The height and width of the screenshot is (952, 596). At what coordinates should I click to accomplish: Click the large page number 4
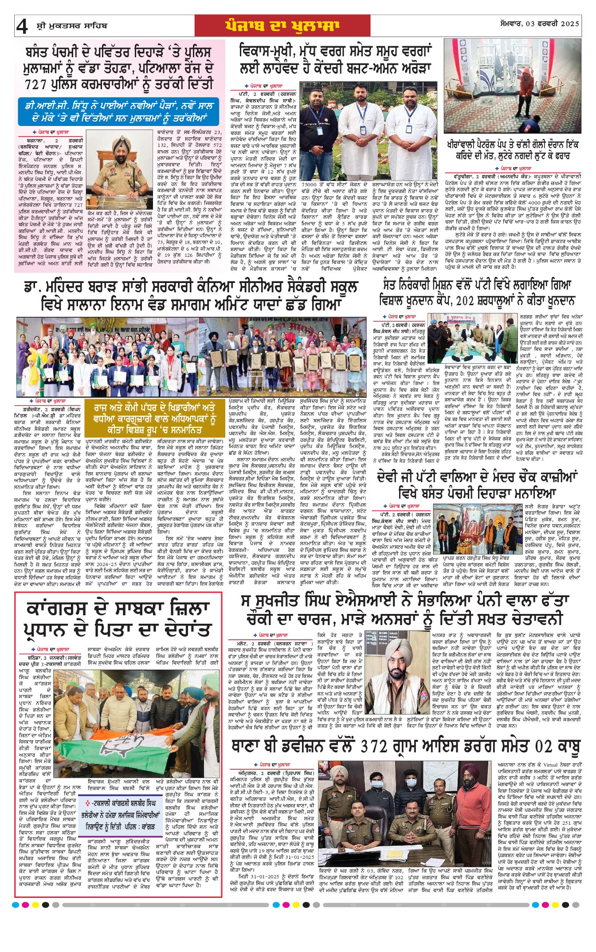pos(22,27)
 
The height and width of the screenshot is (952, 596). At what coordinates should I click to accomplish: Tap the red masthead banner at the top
pos(282,26)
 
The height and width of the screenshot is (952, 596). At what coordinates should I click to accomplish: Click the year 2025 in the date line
pos(569,24)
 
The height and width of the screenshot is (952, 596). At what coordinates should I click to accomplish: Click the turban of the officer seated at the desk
pos(121,143)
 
